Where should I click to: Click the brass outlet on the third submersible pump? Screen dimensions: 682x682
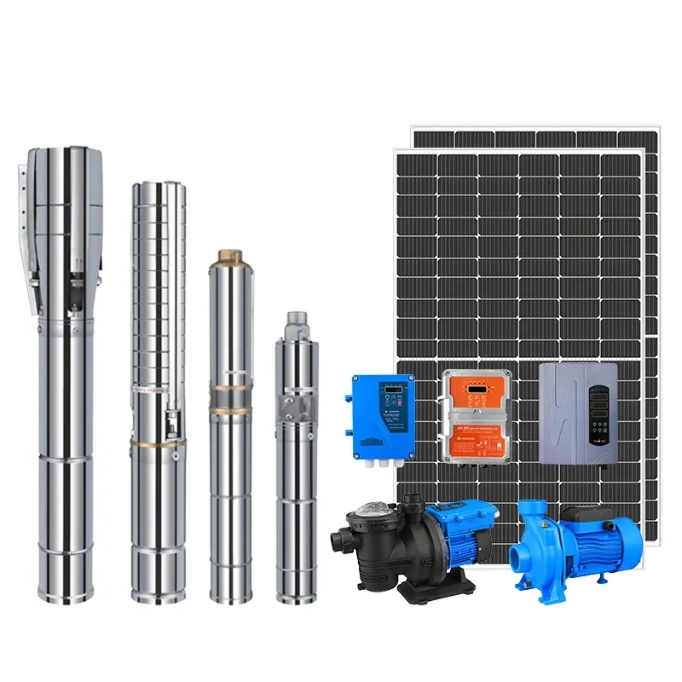tap(230, 255)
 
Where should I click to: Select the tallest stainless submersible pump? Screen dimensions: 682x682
tap(60, 375)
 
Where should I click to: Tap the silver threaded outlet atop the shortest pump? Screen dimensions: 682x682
tap(296, 322)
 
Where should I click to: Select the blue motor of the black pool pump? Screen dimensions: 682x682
tap(465, 523)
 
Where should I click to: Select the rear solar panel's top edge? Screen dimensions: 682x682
tap(533, 131)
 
